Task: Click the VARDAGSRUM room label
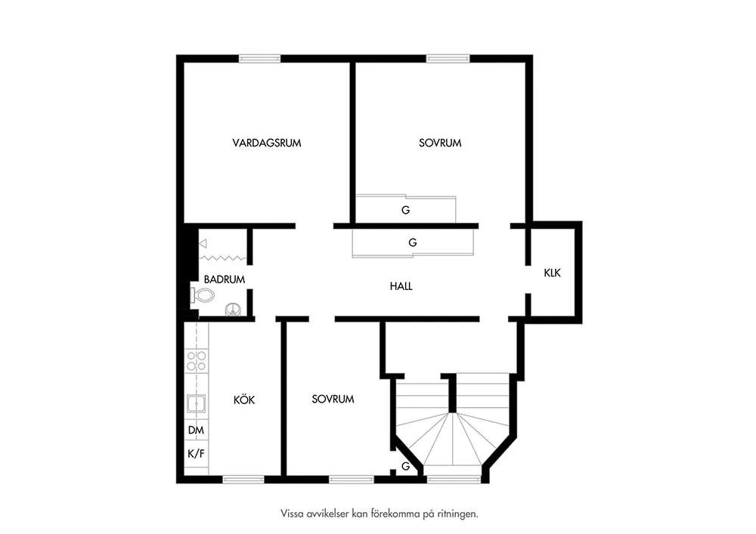pyautogui.click(x=267, y=143)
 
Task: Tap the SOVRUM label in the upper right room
pyautogui.click(x=440, y=143)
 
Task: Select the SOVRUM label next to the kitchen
pyautogui.click(x=333, y=399)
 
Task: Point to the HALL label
pyautogui.click(x=401, y=286)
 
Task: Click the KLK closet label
pyautogui.click(x=553, y=273)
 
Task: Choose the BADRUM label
pyautogui.click(x=225, y=279)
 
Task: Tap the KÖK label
pyautogui.click(x=244, y=400)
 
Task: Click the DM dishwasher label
pyautogui.click(x=197, y=430)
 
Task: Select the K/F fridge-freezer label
pyautogui.click(x=197, y=454)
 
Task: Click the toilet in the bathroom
pyautogui.click(x=201, y=295)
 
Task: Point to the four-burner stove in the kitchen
pyautogui.click(x=197, y=361)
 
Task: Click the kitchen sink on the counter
pyautogui.click(x=197, y=403)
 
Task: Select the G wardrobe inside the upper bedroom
pyautogui.click(x=406, y=209)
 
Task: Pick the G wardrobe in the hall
pyautogui.click(x=413, y=242)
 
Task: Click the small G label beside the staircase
pyautogui.click(x=406, y=466)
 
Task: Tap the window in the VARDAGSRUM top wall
pyautogui.click(x=260, y=58)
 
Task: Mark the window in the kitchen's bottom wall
pyautogui.click(x=243, y=479)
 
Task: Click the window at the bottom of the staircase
pyautogui.click(x=454, y=479)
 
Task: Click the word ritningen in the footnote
pyautogui.click(x=455, y=514)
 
